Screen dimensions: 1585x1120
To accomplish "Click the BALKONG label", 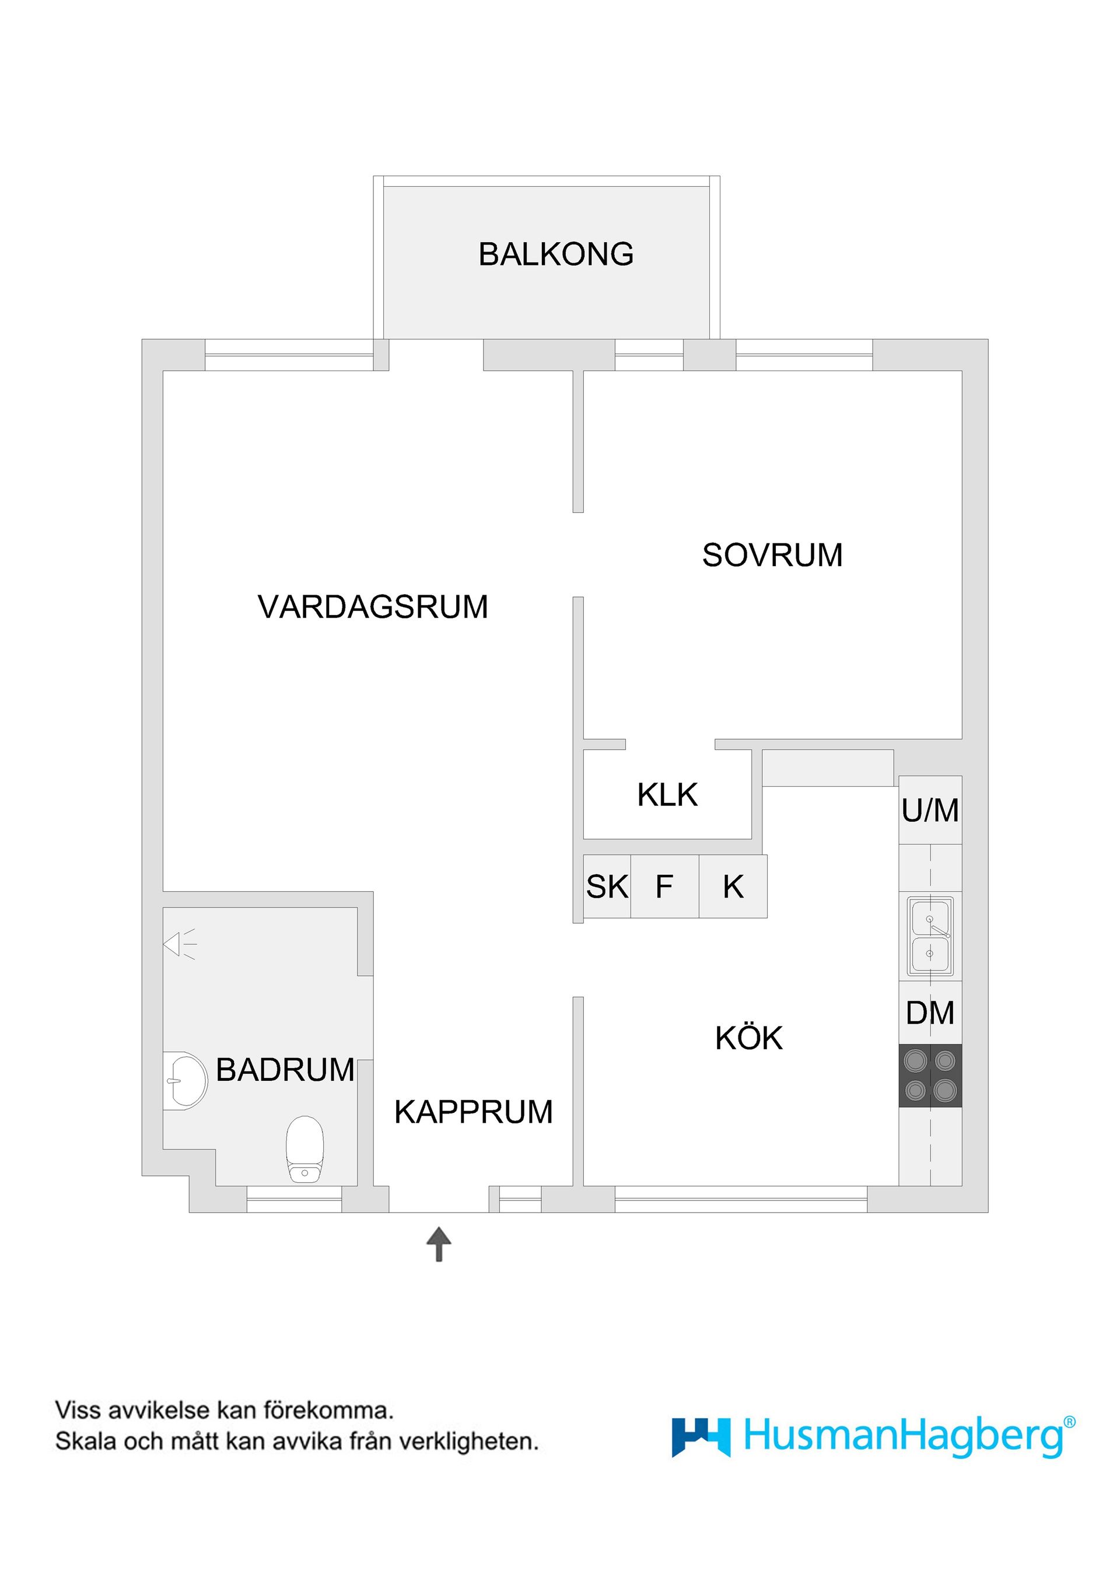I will [x=555, y=254].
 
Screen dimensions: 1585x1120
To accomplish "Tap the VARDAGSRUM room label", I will [x=373, y=607].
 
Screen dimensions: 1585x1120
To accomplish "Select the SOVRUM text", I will [x=772, y=555].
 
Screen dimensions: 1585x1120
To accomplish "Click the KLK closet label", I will [x=667, y=795].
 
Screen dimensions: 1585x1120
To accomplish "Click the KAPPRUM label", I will [x=474, y=1112].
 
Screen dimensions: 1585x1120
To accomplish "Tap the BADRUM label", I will [x=285, y=1070].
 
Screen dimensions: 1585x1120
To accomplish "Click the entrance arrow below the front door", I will [x=439, y=1244].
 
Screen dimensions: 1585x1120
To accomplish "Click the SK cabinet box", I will [x=607, y=886].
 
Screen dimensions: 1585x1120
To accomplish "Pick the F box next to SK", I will [x=664, y=886].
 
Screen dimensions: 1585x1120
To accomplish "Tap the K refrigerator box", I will [x=733, y=886].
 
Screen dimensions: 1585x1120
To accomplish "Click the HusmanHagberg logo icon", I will [x=701, y=1437].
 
